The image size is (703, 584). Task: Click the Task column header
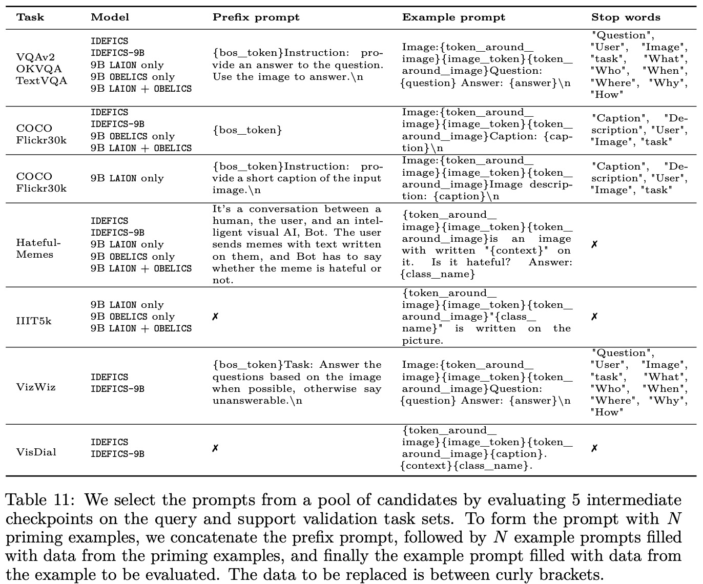(x=30, y=17)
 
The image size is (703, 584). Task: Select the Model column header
(x=110, y=17)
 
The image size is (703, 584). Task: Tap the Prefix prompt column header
(x=256, y=17)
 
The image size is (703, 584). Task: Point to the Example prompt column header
(x=453, y=17)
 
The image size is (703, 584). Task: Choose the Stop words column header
(x=626, y=17)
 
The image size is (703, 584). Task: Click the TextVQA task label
(x=42, y=80)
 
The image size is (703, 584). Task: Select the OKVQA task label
(x=39, y=69)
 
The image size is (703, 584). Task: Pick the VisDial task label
(x=36, y=452)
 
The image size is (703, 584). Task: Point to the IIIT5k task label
(x=34, y=321)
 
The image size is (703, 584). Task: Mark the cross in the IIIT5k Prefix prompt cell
(x=215, y=317)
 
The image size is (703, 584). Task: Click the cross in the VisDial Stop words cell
(x=594, y=448)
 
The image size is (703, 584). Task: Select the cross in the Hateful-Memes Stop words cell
(x=594, y=244)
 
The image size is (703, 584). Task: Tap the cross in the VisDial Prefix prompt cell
(x=215, y=448)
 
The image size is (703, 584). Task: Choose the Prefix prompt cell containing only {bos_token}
(x=247, y=130)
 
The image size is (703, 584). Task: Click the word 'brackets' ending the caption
(x=567, y=574)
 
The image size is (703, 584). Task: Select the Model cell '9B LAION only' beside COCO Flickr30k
(x=127, y=178)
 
